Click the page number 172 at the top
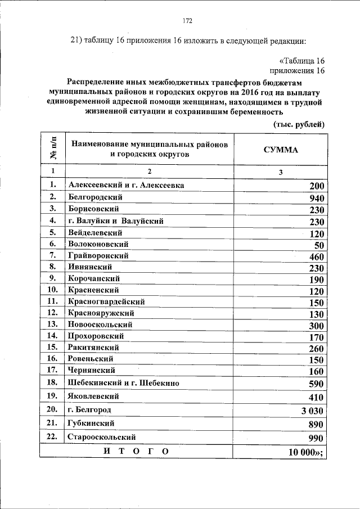pyautogui.click(x=187, y=21)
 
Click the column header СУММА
pyautogui.click(x=281, y=150)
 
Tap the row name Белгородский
pyautogui.click(x=95, y=197)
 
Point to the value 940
pyautogui.click(x=317, y=198)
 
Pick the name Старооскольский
pyautogui.click(x=101, y=437)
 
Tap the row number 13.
pyautogui.click(x=53, y=325)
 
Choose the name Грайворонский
pyautogui.click(x=98, y=255)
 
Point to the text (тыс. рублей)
pyautogui.click(x=299, y=124)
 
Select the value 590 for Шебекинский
pyautogui.click(x=317, y=384)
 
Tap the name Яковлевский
pyautogui.click(x=94, y=396)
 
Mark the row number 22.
pyautogui.click(x=53, y=437)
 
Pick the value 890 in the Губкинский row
pyautogui.click(x=317, y=425)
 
